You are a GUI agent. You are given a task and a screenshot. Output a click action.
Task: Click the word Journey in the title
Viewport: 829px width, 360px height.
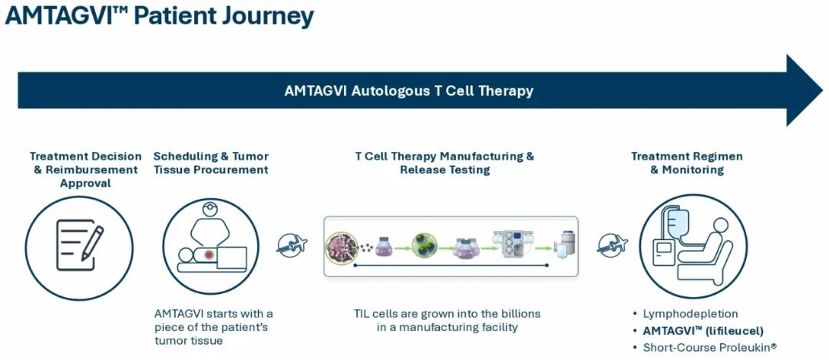(264, 17)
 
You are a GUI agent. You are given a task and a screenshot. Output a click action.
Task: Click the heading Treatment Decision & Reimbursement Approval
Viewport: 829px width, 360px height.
(85, 169)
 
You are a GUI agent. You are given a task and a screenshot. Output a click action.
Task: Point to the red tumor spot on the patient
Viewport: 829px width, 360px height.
(209, 255)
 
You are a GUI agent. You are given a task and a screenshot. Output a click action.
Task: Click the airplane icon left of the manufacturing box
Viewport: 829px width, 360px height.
(292, 245)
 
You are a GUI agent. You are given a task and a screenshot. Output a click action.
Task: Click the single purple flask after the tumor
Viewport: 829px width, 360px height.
(384, 246)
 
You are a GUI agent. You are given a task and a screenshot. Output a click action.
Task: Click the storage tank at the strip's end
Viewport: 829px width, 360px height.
(567, 245)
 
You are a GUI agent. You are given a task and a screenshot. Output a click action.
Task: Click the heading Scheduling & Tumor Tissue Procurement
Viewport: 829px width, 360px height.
(210, 163)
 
